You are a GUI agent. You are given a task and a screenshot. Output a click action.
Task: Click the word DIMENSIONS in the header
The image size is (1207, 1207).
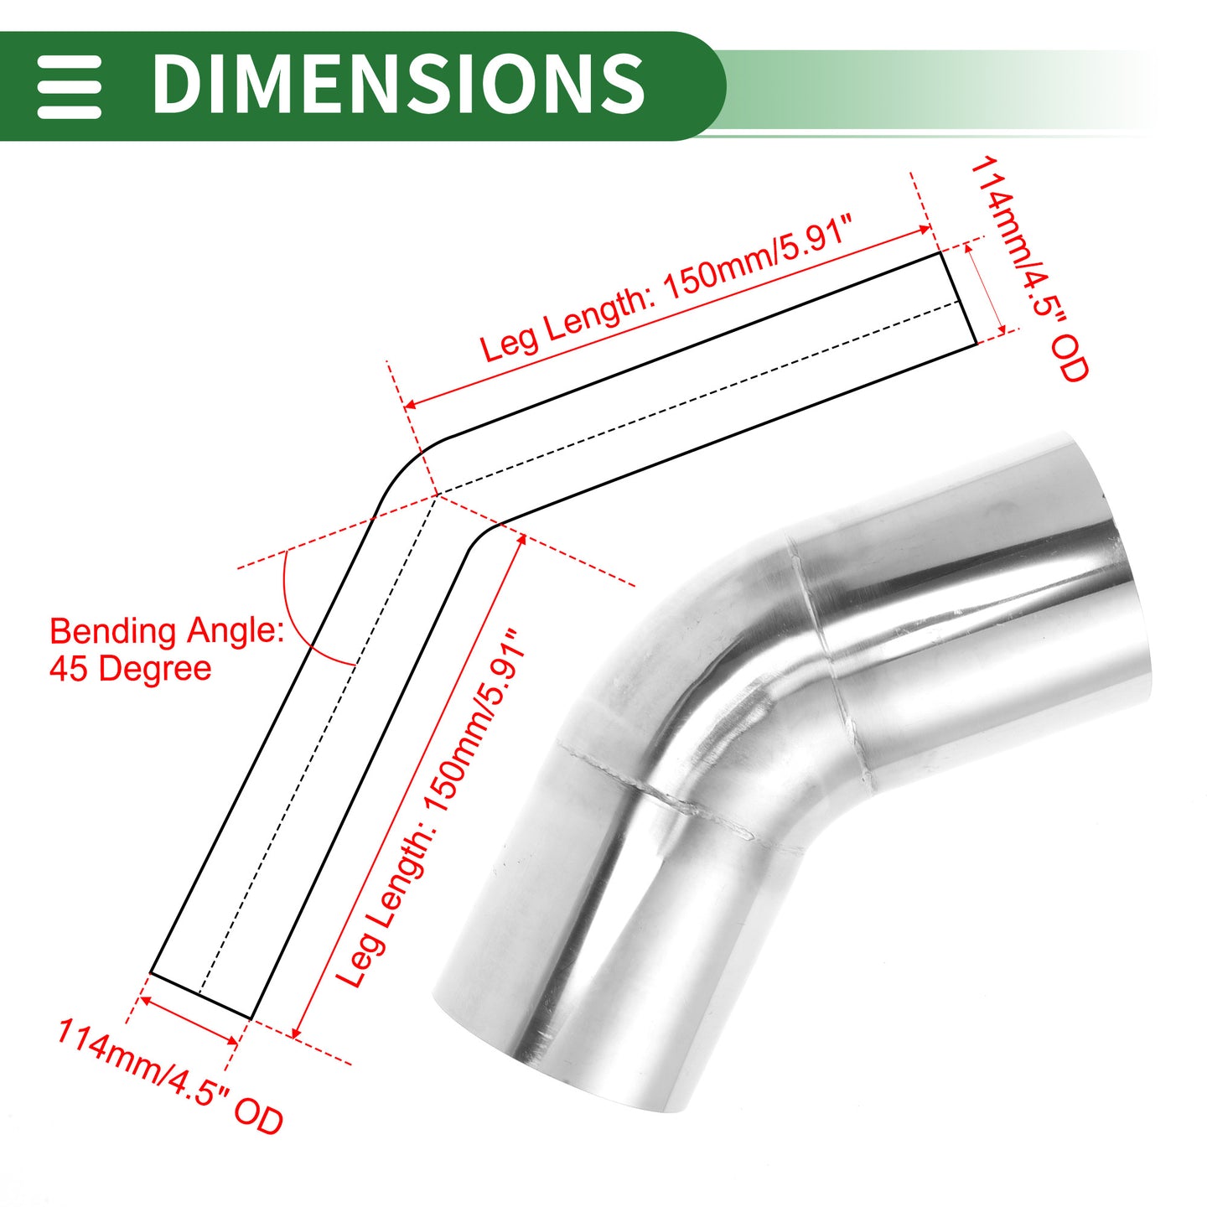click(x=398, y=84)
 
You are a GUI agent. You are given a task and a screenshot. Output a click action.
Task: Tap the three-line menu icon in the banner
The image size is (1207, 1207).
click(x=69, y=86)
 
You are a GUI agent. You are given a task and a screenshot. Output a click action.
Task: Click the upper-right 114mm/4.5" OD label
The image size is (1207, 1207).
click(x=1029, y=269)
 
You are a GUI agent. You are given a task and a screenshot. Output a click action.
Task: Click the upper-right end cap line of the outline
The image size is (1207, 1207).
click(x=958, y=298)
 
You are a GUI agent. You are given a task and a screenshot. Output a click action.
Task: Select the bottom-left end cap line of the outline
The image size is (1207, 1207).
click(x=200, y=995)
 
